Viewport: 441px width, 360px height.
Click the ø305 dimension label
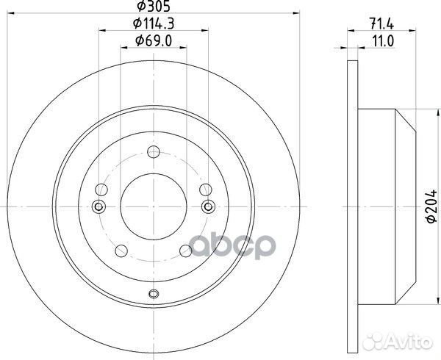point(152,6)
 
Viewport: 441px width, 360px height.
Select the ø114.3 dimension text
point(152,24)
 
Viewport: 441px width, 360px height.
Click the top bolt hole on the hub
point(154,152)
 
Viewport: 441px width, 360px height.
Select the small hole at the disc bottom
point(154,295)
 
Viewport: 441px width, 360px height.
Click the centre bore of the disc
point(154,205)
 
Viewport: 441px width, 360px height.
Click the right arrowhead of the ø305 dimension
point(297,13)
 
